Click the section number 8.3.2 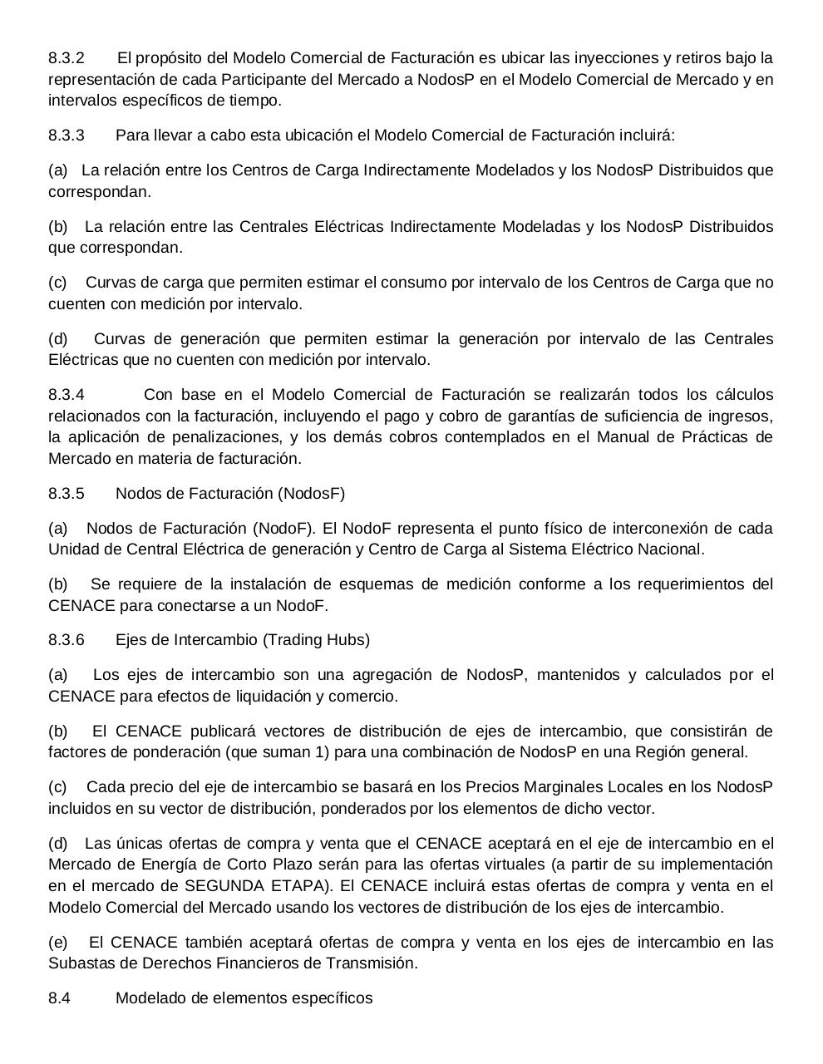[67, 58]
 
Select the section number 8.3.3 [67, 135]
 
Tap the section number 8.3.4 [67, 395]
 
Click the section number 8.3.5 [67, 494]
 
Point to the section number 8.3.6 [67, 640]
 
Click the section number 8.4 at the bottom [59, 998]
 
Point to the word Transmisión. [375, 963]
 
